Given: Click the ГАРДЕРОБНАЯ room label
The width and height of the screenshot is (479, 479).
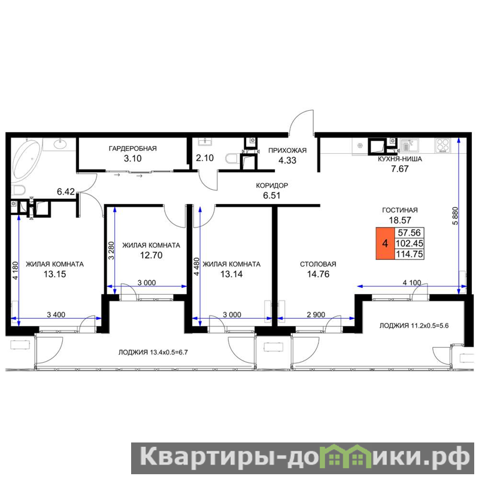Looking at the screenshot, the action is coord(132,148).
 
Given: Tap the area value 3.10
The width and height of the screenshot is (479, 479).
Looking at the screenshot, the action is coord(132,159).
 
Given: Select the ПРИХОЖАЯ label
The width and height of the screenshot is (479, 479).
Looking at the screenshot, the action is coord(287,150).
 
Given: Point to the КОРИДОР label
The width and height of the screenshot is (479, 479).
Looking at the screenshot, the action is coord(272,186).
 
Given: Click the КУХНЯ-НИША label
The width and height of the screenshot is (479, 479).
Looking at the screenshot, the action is coord(400,159).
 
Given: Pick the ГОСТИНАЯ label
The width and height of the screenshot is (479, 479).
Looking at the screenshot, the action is coord(400,210).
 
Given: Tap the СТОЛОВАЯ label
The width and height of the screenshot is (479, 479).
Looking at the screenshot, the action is coord(318,264).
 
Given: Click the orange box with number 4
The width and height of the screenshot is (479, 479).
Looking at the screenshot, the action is coord(385,244).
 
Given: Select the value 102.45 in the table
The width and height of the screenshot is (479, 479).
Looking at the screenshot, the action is coord(410,244).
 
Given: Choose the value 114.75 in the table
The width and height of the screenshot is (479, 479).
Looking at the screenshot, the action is coord(410,254).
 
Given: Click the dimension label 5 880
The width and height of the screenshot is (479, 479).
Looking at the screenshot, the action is coord(455,216).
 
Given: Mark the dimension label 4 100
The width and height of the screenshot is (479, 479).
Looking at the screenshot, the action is coord(412,283).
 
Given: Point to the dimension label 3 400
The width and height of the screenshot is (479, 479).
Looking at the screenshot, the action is coord(56,314).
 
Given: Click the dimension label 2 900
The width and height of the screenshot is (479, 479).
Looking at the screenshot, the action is coord(316,314).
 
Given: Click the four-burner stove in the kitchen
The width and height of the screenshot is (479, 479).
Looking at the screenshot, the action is coord(443,145).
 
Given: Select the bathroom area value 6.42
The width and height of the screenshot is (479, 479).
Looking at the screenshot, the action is coord(66,192).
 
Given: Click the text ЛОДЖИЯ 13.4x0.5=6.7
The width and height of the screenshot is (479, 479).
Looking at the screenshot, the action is coord(153,352).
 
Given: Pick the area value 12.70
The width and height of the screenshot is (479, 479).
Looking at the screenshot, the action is coord(151,255).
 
